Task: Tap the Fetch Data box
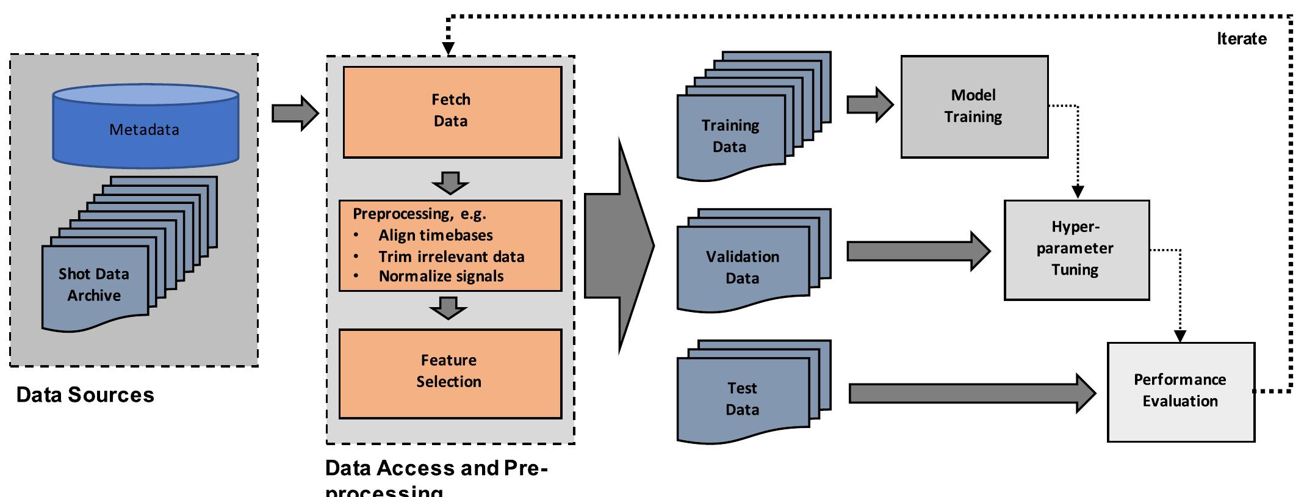point(452,111)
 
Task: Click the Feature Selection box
point(450,372)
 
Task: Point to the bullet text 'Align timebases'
point(435,236)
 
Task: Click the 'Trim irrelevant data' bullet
point(451,257)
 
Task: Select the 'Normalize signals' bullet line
point(441,277)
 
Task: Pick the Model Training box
point(974,107)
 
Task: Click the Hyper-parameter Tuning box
point(1076,250)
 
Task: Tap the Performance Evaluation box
point(1180,391)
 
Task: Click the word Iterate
point(1241,39)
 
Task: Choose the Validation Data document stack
point(743,267)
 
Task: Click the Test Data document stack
point(743,399)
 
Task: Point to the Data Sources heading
point(85,395)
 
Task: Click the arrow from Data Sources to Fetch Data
point(295,113)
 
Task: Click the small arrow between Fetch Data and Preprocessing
point(450,182)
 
